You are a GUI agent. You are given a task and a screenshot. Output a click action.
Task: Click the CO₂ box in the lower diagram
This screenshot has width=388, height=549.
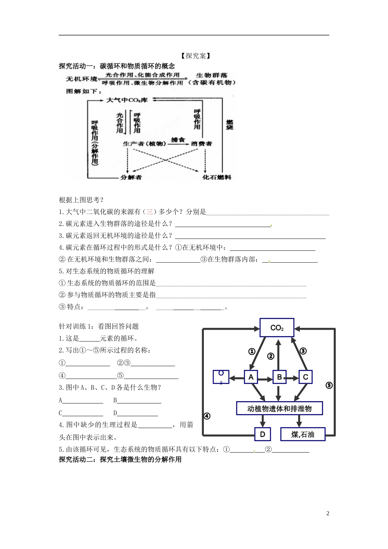point(277,328)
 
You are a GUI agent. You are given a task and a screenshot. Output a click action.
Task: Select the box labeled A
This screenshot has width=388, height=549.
point(251,377)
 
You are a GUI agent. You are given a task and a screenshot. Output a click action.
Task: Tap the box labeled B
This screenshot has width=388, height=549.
point(279,377)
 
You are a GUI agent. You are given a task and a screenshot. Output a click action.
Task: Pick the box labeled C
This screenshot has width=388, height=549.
point(305,377)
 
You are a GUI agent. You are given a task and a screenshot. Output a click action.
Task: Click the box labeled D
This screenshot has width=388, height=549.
point(262,434)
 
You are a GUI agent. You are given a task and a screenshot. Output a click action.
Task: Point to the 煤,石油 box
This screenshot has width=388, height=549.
point(303,434)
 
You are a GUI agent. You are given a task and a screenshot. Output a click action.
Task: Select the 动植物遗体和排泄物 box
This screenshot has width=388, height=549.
point(279,408)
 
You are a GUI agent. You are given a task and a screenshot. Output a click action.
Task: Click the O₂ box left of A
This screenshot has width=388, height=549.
point(221,377)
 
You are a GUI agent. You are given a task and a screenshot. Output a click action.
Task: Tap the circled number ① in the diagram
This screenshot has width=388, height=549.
point(252,351)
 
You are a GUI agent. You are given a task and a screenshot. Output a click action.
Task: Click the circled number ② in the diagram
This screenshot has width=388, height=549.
point(270,356)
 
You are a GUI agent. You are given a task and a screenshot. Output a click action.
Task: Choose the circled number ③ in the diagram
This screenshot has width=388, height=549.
point(303,351)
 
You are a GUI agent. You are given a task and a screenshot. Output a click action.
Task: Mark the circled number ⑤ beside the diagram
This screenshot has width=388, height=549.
point(329,385)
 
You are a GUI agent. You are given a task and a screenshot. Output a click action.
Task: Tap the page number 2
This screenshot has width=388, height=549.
point(328,513)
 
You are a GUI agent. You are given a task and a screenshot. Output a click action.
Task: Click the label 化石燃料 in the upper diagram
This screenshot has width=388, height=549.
point(217,177)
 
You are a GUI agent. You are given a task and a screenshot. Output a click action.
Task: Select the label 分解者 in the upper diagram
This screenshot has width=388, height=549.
point(131,177)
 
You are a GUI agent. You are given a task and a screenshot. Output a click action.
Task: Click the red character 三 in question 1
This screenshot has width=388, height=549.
point(149,212)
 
